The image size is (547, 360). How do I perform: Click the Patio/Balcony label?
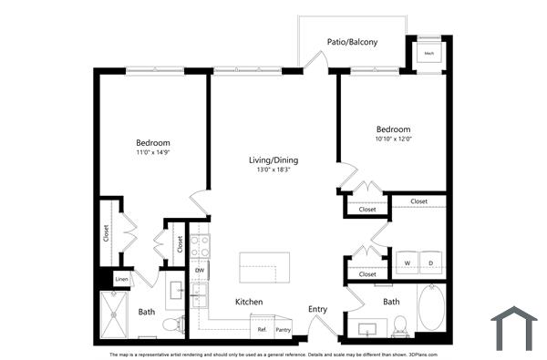coord(353,42)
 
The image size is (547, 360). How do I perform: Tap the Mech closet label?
coord(428,54)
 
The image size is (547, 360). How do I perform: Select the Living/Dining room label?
coord(273,160)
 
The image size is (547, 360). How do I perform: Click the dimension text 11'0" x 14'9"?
coord(153,153)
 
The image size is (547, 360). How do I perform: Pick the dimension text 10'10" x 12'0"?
coord(394,139)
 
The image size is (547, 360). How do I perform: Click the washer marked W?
coord(407,263)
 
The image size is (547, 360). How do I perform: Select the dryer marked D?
coord(431,263)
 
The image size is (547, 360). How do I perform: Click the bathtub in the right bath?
coord(431,308)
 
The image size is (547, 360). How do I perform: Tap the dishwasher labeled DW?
coord(199,271)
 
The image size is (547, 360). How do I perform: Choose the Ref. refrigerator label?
coord(262,329)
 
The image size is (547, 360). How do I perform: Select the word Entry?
coord(317,310)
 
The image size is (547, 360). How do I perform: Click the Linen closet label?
coord(121,279)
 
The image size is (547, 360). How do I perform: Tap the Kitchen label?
coord(249,302)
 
